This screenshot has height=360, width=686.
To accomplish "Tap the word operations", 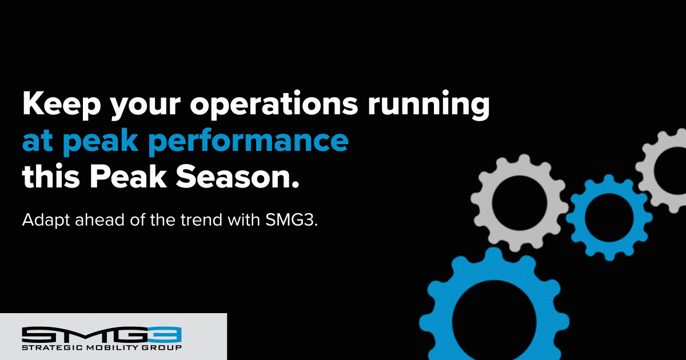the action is (x=274, y=103).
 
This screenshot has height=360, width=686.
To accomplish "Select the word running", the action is (x=429, y=103).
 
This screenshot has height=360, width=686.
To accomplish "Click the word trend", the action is (x=201, y=219).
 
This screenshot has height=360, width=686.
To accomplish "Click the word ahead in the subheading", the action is (x=100, y=219).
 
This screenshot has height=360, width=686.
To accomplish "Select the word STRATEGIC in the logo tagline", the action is (x=52, y=348).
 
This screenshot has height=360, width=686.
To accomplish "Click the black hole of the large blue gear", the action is (x=494, y=321).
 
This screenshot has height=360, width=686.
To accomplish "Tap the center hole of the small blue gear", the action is (x=609, y=218).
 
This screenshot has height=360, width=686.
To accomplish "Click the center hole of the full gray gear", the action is (x=520, y=203).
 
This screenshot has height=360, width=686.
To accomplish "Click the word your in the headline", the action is (x=145, y=106).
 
